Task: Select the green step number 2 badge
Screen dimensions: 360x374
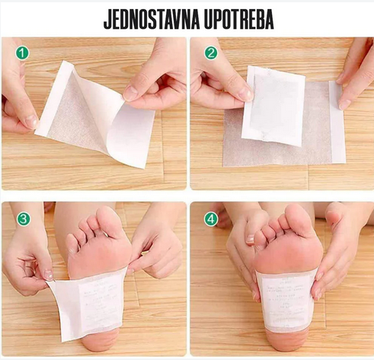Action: click(x=210, y=55)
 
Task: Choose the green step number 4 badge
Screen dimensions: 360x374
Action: click(x=210, y=219)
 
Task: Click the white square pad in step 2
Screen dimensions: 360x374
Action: click(x=273, y=105)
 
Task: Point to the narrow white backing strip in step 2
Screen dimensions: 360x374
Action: click(x=337, y=122)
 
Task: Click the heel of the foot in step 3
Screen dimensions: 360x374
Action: click(x=99, y=342)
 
